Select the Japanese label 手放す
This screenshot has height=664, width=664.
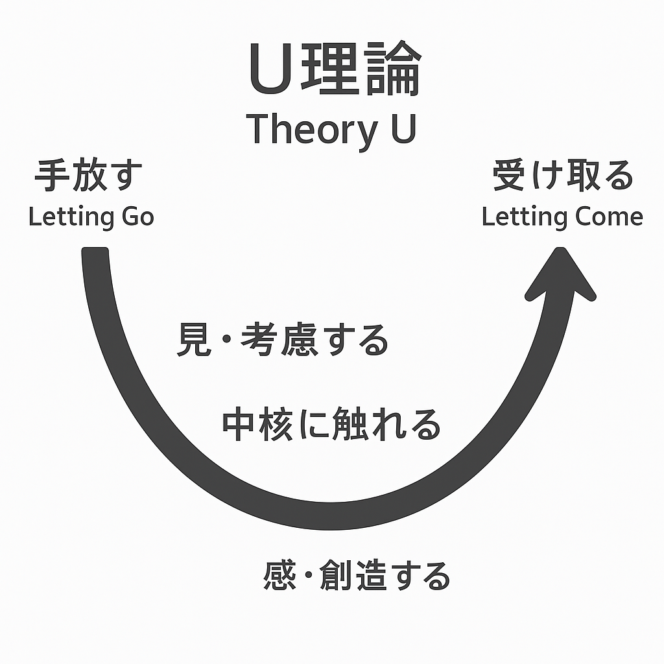coord(89,176)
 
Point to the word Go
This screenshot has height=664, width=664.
coord(137,217)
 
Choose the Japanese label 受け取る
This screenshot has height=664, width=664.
coord(562,176)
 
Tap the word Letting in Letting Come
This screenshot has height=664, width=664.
coord(520,217)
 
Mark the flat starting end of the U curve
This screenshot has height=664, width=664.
coord(95,253)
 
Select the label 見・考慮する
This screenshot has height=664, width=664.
coord(283,340)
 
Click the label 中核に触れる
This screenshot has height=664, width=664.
coord(331,425)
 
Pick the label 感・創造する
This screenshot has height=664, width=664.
coord(357,575)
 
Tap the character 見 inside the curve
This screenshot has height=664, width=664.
coord(194,340)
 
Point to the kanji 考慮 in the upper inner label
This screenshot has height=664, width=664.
coord(279,340)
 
